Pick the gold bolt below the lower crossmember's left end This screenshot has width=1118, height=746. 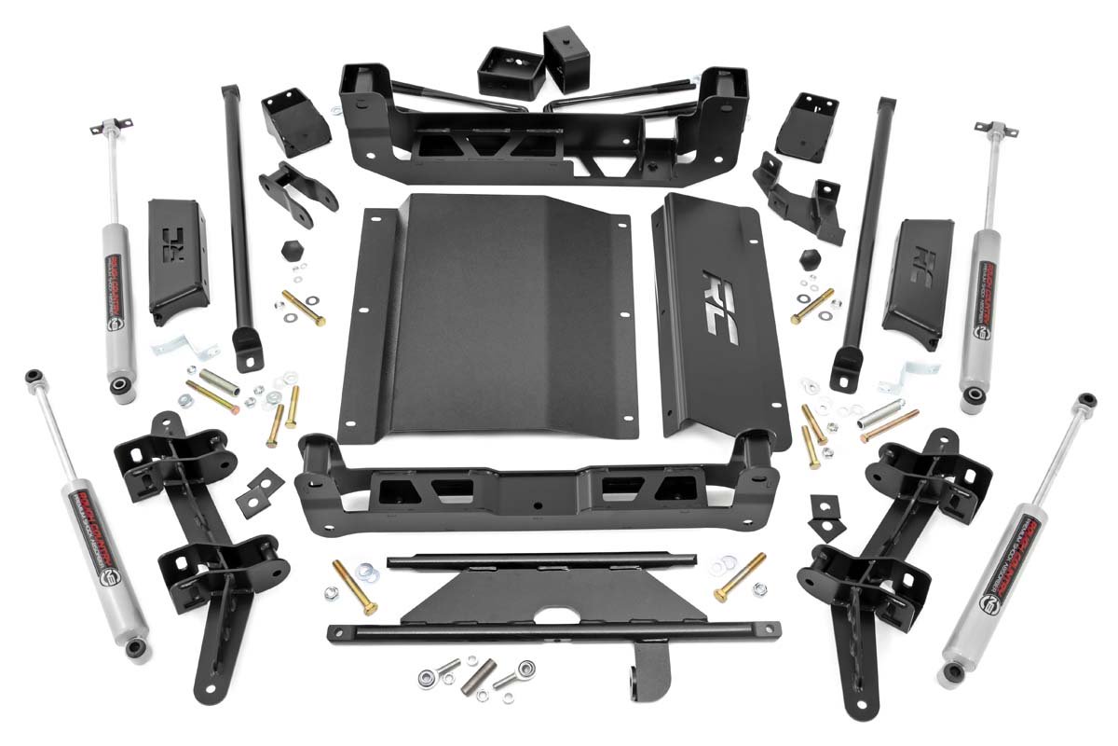point(355,587)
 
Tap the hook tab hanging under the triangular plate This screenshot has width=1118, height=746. point(653,666)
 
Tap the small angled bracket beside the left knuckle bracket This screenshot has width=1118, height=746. point(261,491)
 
